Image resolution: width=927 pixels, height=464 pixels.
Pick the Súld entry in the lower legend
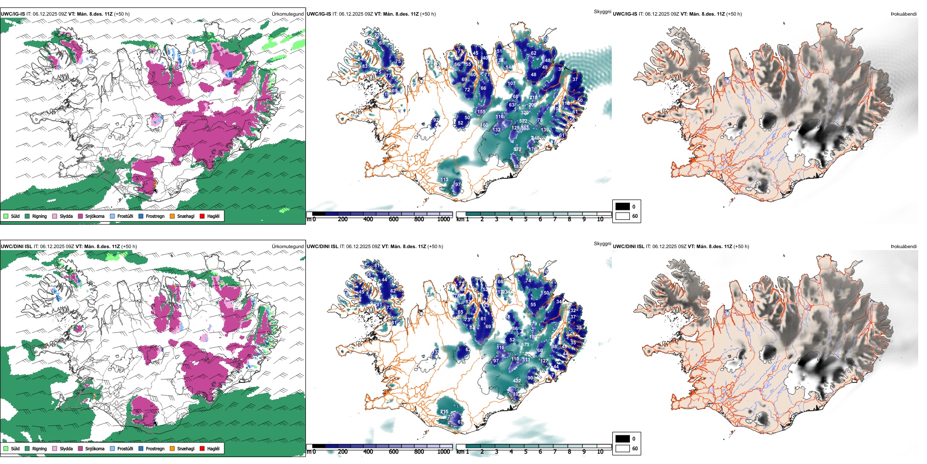tap(12, 448)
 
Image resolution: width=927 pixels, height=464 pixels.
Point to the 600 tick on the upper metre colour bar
tap(393, 219)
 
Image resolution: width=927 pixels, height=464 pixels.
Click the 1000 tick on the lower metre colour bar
tap(443, 452)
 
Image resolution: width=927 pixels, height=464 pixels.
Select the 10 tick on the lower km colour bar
tap(600, 452)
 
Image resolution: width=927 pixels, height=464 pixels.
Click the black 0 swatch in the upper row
tap(623, 207)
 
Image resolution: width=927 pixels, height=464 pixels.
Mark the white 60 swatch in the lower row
tap(623, 448)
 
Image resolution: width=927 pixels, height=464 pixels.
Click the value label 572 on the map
tap(517, 149)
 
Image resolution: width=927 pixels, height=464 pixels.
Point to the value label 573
tap(525, 345)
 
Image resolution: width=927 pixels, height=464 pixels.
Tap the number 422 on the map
tap(517, 381)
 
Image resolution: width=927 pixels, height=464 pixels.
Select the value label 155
tap(481, 112)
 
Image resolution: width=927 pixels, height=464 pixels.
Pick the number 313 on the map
tap(526, 360)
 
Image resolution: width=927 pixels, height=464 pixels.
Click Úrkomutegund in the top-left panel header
tap(287, 14)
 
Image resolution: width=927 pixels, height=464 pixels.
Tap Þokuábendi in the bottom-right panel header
tap(904, 247)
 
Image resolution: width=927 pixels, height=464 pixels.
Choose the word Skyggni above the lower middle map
tap(602, 244)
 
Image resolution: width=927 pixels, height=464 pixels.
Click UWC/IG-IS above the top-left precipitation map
tap(13, 14)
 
